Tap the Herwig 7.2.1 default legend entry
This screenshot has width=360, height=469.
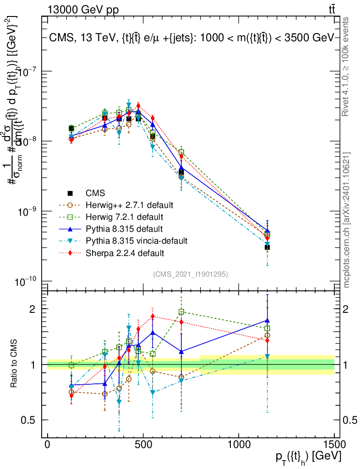[x=124, y=216]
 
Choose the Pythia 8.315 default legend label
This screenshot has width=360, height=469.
[x=124, y=228]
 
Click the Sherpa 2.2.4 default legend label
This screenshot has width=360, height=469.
[x=125, y=252]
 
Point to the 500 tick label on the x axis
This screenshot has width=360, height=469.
[x=143, y=445]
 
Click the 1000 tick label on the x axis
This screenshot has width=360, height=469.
[x=239, y=445]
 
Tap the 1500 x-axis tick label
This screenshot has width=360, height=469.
[x=334, y=445]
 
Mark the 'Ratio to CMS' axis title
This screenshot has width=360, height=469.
[x=14, y=365]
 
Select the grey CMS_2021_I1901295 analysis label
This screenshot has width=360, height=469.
[x=191, y=274]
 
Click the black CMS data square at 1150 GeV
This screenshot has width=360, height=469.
[x=267, y=247]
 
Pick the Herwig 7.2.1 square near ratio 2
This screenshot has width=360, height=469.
[x=181, y=312]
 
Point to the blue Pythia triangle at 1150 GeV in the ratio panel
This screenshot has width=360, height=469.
[x=267, y=321]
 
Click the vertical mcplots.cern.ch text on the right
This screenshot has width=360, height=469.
[x=347, y=220]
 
